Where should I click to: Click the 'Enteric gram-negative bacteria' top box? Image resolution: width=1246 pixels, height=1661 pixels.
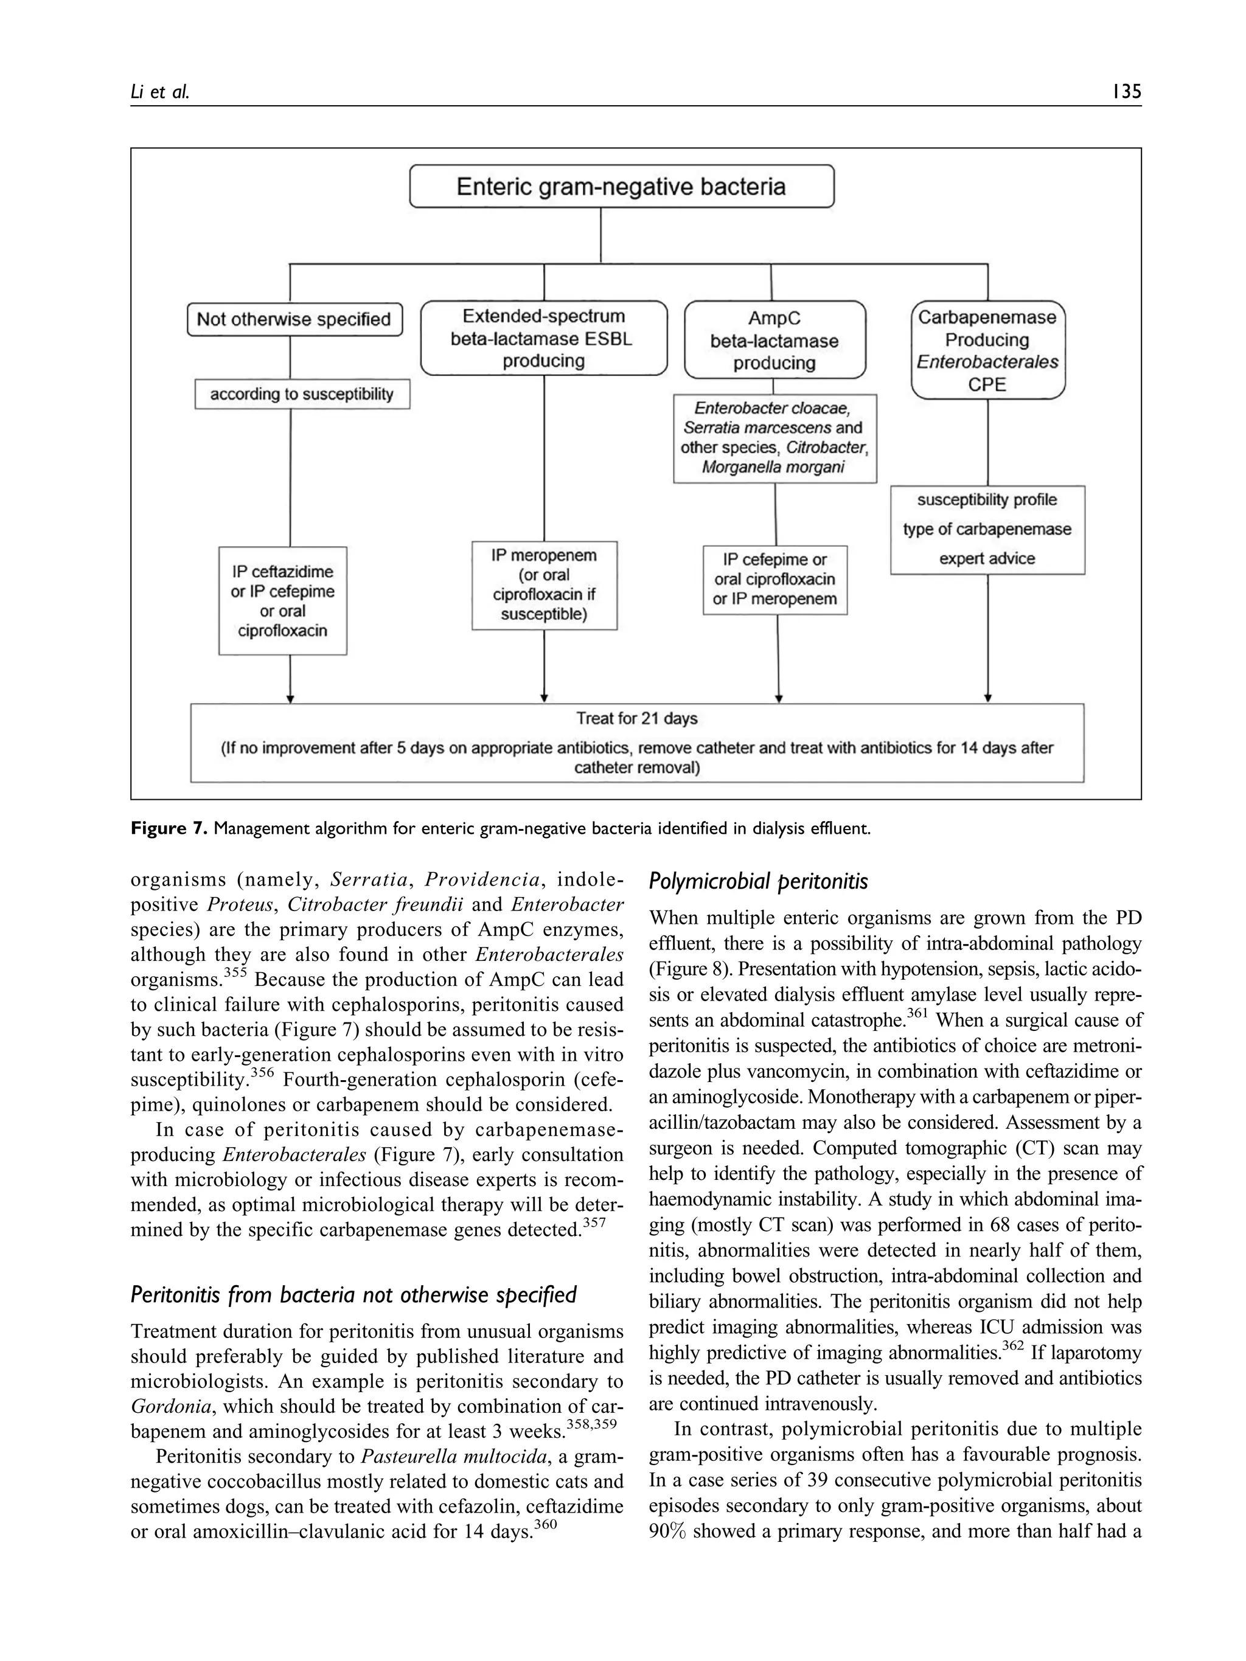pos(621,186)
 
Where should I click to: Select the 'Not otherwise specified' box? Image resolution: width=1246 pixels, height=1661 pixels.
pos(294,319)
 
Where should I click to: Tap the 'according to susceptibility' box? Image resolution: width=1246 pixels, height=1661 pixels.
pos(302,394)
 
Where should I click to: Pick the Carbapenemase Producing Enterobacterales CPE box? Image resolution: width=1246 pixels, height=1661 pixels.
pos(987,350)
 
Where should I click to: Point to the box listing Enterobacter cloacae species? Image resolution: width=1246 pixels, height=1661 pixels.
pos(774,438)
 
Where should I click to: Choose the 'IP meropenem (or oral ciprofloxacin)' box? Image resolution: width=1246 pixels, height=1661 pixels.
pos(544,585)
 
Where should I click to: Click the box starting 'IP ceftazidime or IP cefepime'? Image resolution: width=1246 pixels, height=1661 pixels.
pos(282,601)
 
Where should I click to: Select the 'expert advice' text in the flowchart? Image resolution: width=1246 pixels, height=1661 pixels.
pos(987,559)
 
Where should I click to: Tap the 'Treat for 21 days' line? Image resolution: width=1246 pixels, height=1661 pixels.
pos(637,719)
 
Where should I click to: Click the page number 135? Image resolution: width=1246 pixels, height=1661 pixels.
pos(1126,92)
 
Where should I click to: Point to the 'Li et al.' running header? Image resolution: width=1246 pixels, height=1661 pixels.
pos(160,92)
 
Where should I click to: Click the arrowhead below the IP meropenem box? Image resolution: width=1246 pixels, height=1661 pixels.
pos(544,698)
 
